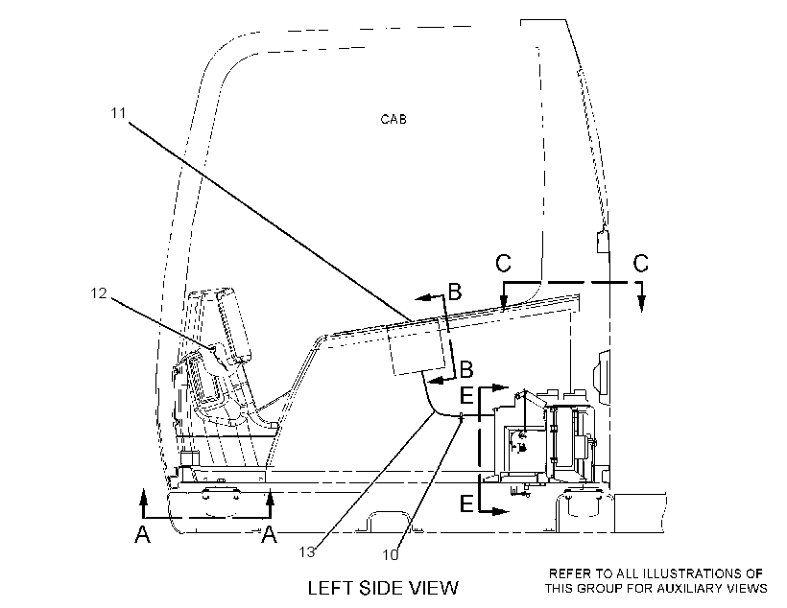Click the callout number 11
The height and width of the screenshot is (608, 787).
tap(118, 113)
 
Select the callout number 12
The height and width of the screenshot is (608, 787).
tap(99, 292)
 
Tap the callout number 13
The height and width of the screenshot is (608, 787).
tap(307, 551)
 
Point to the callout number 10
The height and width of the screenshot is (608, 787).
tap(391, 555)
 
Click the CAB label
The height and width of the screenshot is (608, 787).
tap(393, 119)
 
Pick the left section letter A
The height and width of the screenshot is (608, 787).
tap(143, 534)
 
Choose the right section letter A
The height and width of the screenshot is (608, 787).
tap(270, 534)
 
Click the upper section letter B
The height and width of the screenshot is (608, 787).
tap(455, 292)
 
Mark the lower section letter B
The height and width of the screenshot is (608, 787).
tap(466, 369)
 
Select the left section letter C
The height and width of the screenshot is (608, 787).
tap(504, 263)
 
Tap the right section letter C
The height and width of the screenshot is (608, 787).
tap(641, 263)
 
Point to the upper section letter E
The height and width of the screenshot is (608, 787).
tap(466, 396)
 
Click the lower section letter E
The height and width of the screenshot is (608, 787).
tap(466, 503)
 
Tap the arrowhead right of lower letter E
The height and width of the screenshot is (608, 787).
tap(500, 512)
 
